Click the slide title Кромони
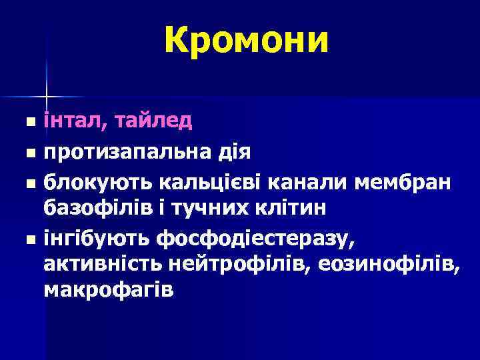(x=246, y=41)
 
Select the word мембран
(x=403, y=181)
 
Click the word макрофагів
(x=109, y=291)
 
